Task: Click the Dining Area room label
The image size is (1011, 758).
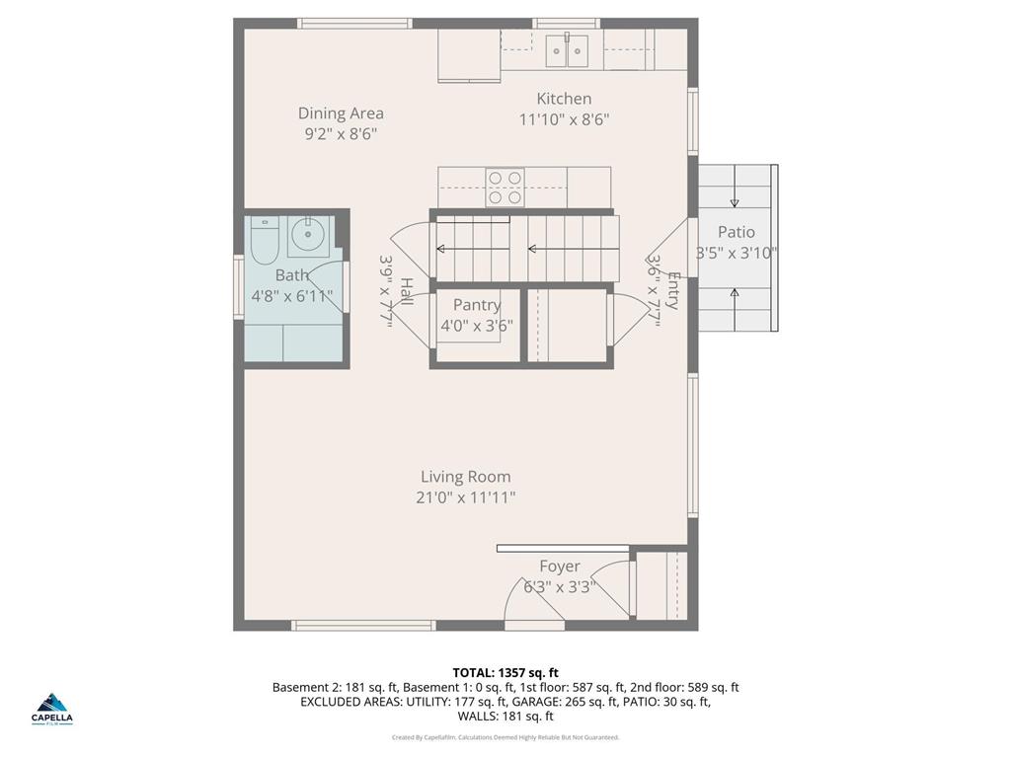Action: (x=341, y=114)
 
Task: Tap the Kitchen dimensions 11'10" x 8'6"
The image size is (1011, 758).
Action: (x=564, y=120)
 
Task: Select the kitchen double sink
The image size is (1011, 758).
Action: (x=568, y=50)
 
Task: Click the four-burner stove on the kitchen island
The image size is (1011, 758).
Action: (x=505, y=187)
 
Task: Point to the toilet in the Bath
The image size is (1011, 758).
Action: (x=264, y=241)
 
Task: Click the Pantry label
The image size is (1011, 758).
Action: (x=477, y=305)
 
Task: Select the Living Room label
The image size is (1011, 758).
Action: (x=465, y=477)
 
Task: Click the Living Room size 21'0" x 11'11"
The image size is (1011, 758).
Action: (x=465, y=497)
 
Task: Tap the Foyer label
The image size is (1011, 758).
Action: (x=559, y=567)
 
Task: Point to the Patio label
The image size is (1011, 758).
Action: (x=736, y=232)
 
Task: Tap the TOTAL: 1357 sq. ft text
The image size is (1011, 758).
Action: (x=505, y=673)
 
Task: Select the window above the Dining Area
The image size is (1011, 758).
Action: (x=354, y=23)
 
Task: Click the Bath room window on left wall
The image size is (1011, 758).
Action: (x=238, y=286)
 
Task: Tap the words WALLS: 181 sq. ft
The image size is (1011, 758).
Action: (x=505, y=717)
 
